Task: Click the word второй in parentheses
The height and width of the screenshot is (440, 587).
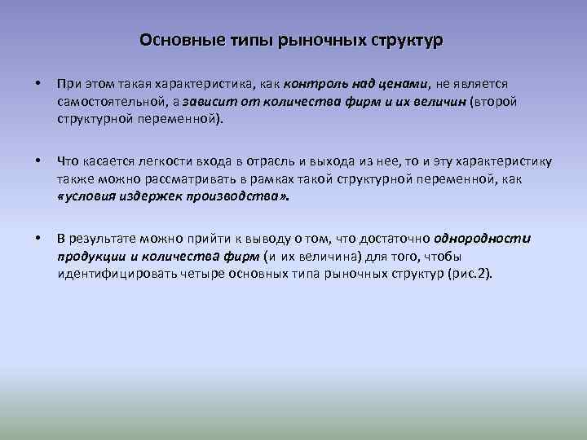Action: (494, 102)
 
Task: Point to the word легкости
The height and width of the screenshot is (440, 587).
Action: (164, 161)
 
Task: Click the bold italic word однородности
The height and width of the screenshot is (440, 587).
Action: (482, 239)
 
